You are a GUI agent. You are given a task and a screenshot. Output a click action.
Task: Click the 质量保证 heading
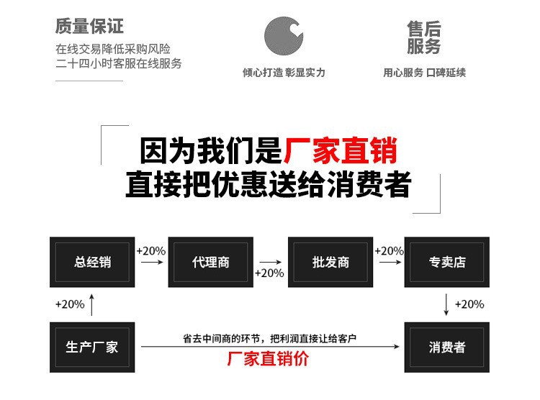click(89, 27)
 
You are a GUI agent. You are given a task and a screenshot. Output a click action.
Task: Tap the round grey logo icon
click(283, 35)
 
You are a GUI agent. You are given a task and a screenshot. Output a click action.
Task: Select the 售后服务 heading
click(423, 38)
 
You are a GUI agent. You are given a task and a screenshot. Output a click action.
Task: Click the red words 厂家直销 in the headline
click(340, 152)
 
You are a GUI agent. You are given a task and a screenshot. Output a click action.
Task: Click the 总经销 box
click(91, 262)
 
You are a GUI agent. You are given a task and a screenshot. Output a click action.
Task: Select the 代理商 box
click(210, 262)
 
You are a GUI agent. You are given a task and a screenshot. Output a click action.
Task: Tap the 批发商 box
click(330, 262)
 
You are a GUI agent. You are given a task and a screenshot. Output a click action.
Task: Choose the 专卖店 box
click(447, 262)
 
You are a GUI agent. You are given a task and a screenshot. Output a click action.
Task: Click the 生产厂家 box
click(91, 347)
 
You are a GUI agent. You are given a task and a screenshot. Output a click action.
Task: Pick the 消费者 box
click(447, 347)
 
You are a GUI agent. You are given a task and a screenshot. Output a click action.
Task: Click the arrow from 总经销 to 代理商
click(150, 263)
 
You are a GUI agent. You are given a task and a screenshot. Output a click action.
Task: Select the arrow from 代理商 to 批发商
click(269, 263)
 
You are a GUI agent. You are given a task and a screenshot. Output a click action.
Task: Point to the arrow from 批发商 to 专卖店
click(389, 263)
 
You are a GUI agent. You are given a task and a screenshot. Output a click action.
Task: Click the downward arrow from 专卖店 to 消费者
click(447, 304)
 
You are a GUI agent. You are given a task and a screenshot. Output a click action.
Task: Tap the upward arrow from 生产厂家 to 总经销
click(91, 304)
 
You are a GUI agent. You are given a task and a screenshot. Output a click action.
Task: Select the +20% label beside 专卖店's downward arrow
click(469, 304)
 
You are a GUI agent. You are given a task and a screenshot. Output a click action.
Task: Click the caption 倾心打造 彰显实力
click(283, 73)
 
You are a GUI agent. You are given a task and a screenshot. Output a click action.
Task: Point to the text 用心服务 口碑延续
click(424, 73)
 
